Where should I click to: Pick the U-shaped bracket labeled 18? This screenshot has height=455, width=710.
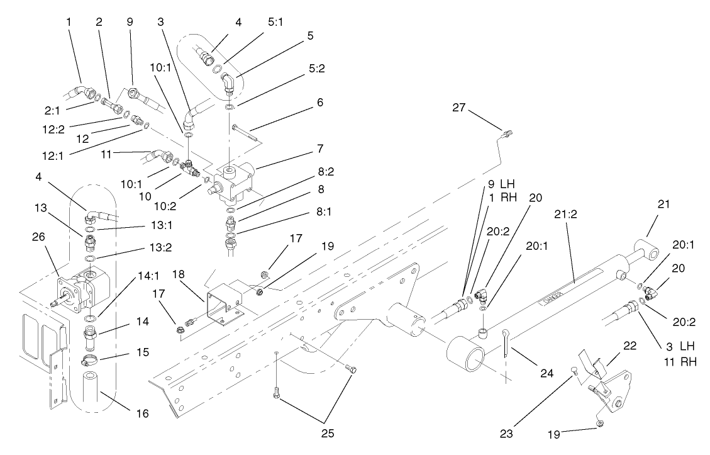[223, 302]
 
